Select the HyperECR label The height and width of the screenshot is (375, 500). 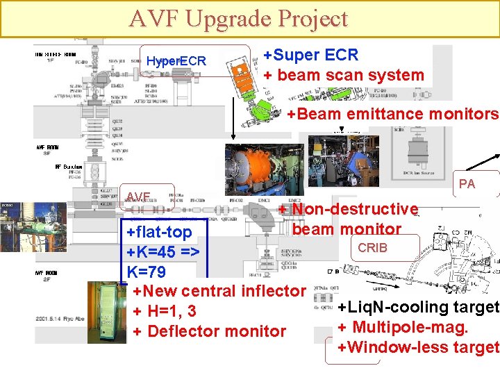coord(176,61)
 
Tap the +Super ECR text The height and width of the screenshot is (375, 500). coord(311,55)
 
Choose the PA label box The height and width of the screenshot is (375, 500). coord(467,184)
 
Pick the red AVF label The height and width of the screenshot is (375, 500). coord(138,197)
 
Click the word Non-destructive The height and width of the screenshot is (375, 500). coord(355,209)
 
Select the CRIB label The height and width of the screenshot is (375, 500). coord(372,247)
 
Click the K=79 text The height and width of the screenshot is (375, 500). coord(147,272)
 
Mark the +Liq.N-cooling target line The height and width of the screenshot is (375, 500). coord(417,307)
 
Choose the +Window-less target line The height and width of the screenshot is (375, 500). coord(417,347)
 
